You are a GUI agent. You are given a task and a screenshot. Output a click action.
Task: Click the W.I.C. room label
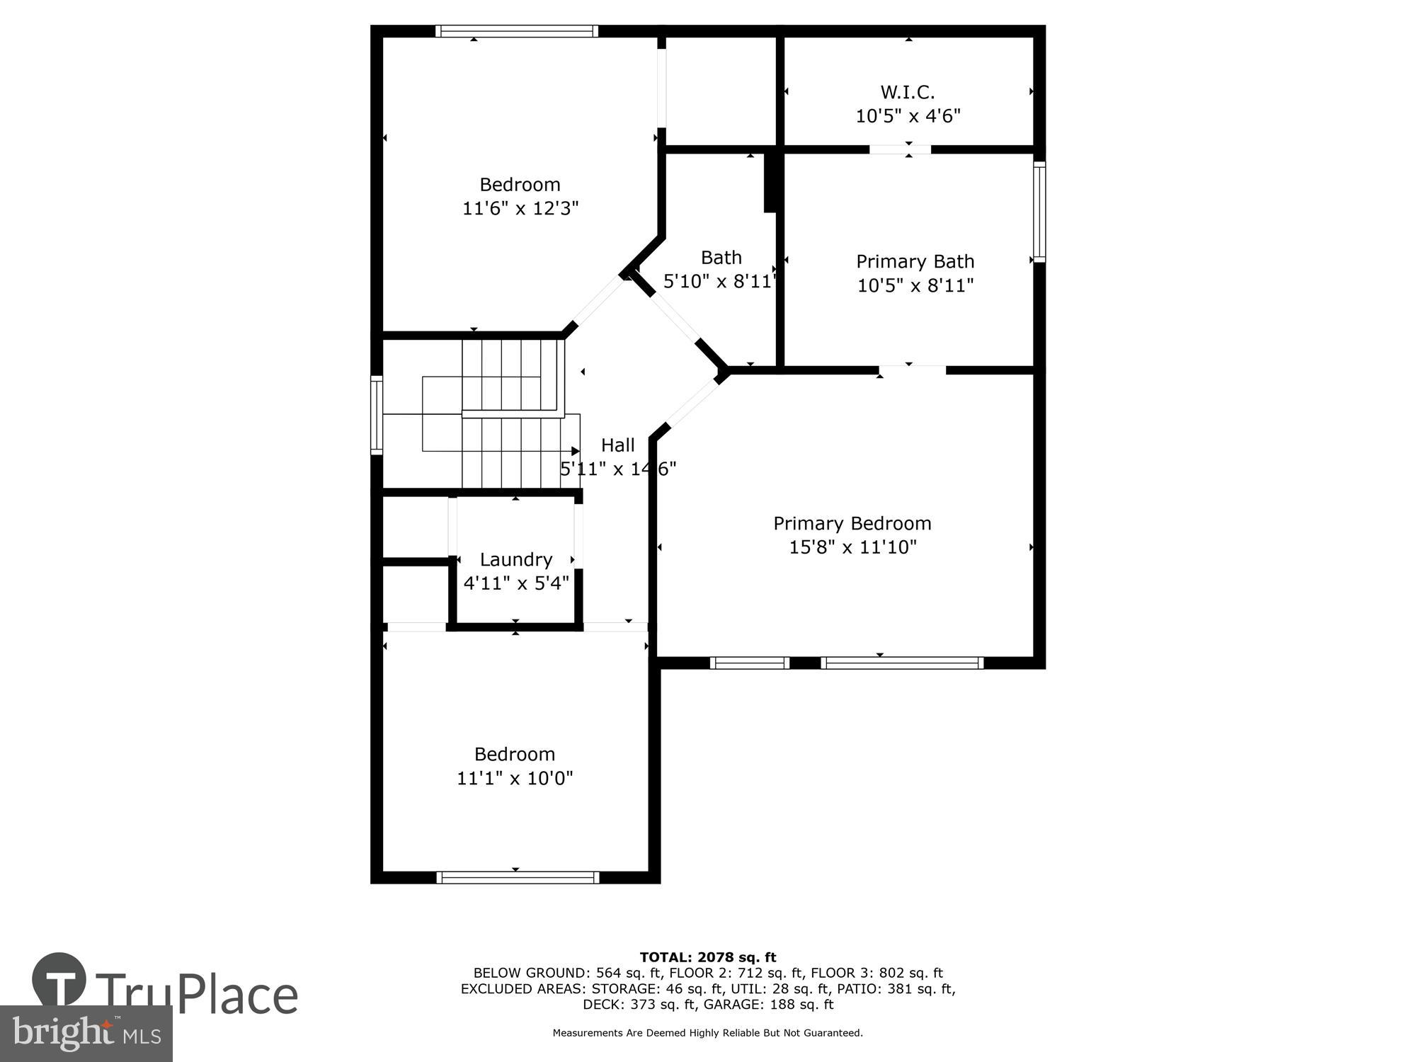tap(908, 92)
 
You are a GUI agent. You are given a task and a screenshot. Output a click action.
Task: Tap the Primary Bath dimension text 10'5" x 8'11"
tap(915, 285)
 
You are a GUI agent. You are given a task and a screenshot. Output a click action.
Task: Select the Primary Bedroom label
tap(852, 523)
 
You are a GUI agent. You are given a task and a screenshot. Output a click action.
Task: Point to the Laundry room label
tap(515, 559)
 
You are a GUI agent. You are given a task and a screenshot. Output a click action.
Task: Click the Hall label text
tap(617, 445)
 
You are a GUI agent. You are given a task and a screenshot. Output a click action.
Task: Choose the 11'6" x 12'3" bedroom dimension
tap(520, 208)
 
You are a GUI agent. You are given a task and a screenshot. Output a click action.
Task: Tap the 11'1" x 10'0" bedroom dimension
tap(515, 778)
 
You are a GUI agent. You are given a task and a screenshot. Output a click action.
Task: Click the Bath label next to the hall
tap(721, 257)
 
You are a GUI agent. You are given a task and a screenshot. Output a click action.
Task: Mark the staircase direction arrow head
tap(575, 451)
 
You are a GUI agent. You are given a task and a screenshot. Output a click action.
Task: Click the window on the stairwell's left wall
tap(377, 415)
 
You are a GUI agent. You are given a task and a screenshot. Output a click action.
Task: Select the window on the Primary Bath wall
tap(1039, 212)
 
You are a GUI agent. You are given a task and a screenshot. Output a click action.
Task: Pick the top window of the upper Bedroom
tap(516, 31)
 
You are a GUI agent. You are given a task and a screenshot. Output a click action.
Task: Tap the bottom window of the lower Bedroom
tap(518, 877)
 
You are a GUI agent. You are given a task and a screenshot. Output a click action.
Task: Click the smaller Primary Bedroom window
tap(749, 663)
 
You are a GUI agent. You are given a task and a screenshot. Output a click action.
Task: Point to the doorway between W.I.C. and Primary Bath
tap(900, 149)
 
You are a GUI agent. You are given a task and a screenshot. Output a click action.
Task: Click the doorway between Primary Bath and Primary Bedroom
tap(912, 370)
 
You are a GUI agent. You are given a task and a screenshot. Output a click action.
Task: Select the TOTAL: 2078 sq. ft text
tap(708, 958)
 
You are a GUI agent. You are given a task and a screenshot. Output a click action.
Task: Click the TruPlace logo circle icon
tap(59, 980)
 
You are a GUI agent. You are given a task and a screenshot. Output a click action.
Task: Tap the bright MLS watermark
tap(86, 1034)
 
